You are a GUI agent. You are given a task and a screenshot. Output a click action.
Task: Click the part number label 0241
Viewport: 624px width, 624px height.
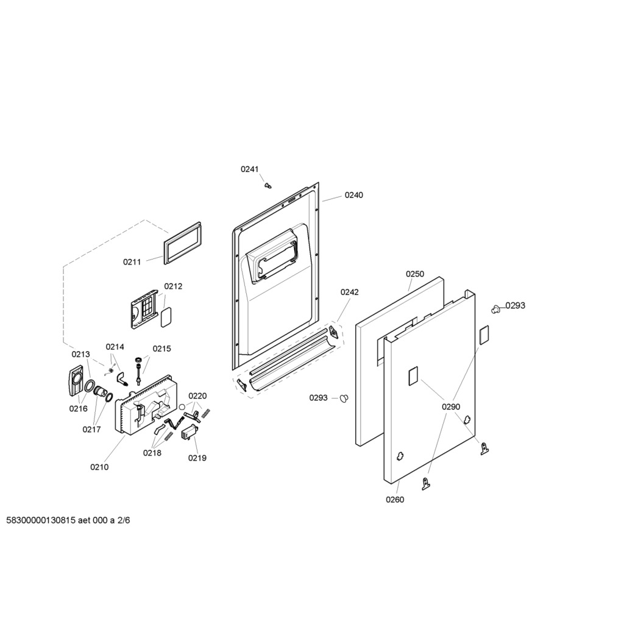click(x=249, y=169)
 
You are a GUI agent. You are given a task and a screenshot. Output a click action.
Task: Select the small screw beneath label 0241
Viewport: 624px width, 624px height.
click(x=268, y=185)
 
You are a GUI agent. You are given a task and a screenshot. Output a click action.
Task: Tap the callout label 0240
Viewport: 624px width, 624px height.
click(x=354, y=195)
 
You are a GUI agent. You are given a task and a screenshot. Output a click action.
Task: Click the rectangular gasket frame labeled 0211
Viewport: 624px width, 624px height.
click(x=182, y=243)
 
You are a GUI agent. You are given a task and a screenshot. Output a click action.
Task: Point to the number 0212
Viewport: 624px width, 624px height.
click(x=173, y=286)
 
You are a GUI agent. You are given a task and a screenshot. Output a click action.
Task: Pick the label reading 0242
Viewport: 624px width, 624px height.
click(x=349, y=292)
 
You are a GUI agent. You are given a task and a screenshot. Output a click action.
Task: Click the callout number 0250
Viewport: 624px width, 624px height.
click(x=415, y=274)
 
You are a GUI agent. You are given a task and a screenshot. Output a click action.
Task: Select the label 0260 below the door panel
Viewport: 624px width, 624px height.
click(x=395, y=500)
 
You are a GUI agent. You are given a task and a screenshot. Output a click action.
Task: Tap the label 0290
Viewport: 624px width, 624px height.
click(x=451, y=406)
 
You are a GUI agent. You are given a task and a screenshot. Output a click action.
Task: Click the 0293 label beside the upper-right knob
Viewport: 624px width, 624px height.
click(x=516, y=305)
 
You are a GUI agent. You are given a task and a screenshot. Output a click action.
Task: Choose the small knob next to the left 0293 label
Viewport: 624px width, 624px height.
click(x=344, y=398)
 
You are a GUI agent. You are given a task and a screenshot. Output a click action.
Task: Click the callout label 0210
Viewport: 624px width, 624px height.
click(x=99, y=467)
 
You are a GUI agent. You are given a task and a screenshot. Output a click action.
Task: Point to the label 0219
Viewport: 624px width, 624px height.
click(x=197, y=458)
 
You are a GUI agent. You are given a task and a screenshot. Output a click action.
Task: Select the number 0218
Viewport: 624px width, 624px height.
click(x=152, y=453)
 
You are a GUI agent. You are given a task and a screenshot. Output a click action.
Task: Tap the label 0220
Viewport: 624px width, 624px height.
click(x=198, y=396)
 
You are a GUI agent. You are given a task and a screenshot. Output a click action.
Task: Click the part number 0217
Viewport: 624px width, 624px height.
click(x=91, y=430)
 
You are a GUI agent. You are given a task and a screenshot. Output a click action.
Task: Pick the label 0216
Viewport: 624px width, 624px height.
click(x=79, y=409)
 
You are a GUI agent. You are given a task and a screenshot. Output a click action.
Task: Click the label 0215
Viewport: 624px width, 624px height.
click(x=162, y=349)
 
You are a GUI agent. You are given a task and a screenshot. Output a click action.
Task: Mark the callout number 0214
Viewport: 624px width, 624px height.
click(x=115, y=347)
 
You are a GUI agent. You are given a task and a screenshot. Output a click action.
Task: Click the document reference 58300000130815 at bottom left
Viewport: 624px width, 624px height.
click(x=41, y=520)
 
